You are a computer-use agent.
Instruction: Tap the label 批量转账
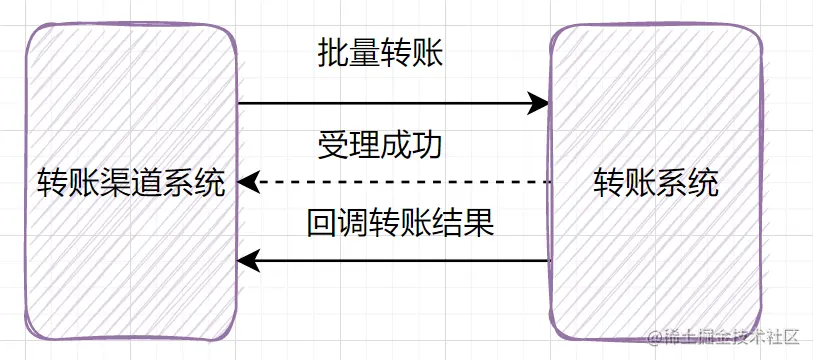click(379, 54)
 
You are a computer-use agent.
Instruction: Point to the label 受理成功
click(379, 145)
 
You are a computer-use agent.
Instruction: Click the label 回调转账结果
click(400, 222)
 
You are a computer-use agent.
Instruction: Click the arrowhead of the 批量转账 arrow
click(540, 102)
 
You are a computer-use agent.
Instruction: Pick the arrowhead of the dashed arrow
click(248, 183)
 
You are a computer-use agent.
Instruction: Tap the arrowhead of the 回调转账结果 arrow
click(248, 262)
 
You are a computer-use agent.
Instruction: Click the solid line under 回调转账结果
click(400, 262)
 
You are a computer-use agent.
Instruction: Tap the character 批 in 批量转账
click(332, 54)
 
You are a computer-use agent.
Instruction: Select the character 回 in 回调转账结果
click(322, 222)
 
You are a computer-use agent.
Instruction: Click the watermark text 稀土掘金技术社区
click(727, 338)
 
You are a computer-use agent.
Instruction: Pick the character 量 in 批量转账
click(363, 54)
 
